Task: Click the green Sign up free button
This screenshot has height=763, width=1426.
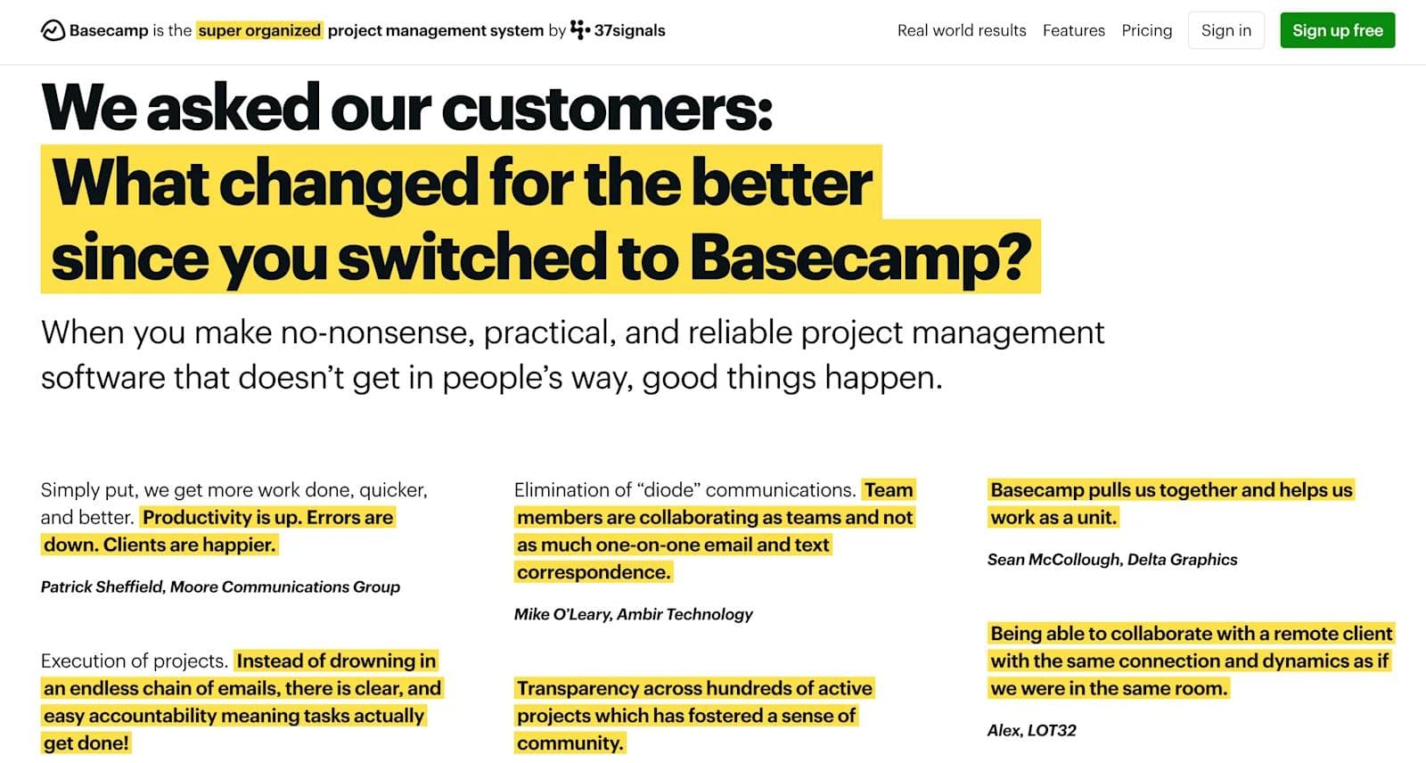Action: [1337, 30]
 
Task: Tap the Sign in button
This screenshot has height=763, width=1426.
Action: [1225, 30]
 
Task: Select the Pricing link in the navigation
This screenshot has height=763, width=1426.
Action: [1146, 30]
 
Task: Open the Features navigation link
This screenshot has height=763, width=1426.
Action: [1073, 30]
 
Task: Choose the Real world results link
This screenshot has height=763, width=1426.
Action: [961, 30]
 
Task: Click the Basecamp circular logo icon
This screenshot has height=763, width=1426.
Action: [53, 31]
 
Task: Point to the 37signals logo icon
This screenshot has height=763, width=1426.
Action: [579, 30]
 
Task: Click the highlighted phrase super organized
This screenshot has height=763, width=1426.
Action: [259, 30]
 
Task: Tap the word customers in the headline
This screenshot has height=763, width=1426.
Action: [606, 108]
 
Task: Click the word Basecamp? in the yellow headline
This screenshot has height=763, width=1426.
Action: [859, 257]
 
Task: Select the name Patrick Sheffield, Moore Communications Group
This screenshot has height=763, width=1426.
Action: [220, 587]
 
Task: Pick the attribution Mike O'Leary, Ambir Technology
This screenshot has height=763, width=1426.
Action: [633, 614]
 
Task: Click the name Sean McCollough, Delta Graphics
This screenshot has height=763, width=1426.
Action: [1111, 560]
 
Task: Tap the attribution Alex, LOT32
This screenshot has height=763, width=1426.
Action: [1031, 731]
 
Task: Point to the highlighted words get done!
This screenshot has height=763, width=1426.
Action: [86, 742]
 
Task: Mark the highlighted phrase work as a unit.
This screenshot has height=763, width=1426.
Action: [1053, 518]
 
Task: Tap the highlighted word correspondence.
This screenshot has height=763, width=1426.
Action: [593, 572]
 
